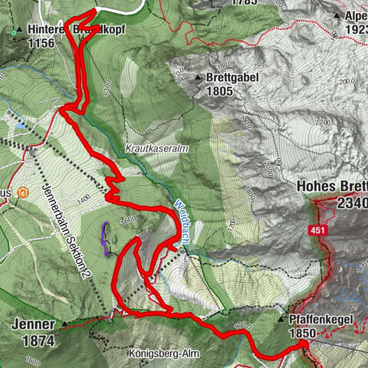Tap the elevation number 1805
point(220,90)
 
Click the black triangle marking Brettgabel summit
point(198,77)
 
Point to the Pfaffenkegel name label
point(322,319)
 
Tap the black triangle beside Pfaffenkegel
point(282,319)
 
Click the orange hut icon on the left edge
point(24,192)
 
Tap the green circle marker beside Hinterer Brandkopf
point(18,31)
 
